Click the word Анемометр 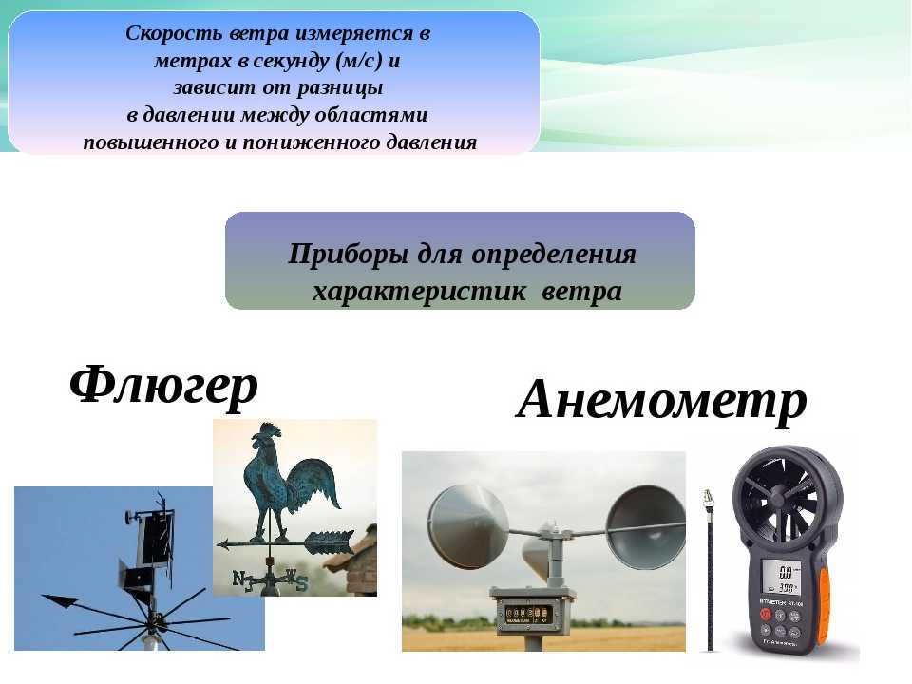(661, 400)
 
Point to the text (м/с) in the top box (359, 61)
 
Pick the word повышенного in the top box (151, 142)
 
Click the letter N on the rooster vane (239, 579)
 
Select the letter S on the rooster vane (301, 582)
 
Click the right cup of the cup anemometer (646, 527)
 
